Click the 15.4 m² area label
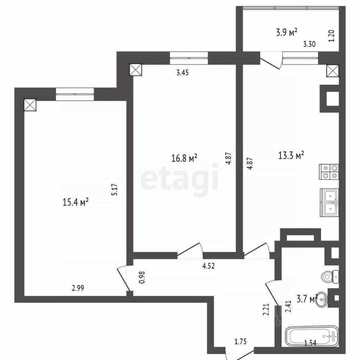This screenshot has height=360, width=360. (x=75, y=202)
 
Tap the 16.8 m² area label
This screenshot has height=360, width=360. (x=184, y=158)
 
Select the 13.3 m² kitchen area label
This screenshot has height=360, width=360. (x=291, y=155)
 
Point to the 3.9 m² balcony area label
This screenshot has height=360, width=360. (x=286, y=32)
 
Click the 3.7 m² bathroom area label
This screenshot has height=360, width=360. (x=307, y=299)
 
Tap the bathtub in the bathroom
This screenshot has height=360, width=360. (x=312, y=336)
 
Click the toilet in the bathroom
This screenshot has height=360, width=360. (x=330, y=277)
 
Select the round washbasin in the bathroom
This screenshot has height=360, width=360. (x=322, y=299)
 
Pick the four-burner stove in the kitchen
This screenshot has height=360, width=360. (x=329, y=172)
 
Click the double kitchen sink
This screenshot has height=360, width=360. (x=329, y=202)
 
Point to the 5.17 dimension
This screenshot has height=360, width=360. (x=114, y=189)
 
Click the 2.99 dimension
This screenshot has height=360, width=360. (x=78, y=288)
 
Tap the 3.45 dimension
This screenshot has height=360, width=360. (x=183, y=72)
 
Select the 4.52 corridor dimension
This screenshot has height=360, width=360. (x=208, y=266)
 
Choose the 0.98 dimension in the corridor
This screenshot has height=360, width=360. (x=142, y=277)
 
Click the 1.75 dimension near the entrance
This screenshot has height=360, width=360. (x=241, y=342)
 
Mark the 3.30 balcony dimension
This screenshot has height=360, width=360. (x=309, y=44)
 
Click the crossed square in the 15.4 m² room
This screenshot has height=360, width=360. (x=30, y=105)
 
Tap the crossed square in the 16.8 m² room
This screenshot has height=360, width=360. (x=136, y=70)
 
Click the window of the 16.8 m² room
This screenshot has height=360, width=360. (x=189, y=58)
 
